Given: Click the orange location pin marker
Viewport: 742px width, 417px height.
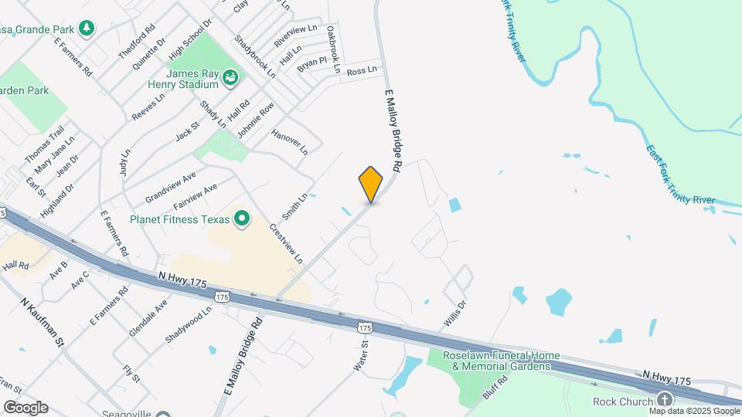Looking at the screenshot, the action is click(371, 184).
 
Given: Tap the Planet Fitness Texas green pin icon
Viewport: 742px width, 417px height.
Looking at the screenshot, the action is click(241, 219).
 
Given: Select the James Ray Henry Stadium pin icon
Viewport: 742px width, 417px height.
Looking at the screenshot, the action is click(230, 77).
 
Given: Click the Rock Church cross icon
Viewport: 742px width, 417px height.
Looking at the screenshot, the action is click(664, 400).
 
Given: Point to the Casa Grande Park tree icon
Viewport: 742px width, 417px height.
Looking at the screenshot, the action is click(89, 29).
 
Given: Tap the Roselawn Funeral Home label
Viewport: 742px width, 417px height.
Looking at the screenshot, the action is click(501, 360).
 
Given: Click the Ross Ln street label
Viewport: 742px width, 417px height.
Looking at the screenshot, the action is click(362, 70).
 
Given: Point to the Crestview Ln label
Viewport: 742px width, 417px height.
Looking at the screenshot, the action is click(285, 243).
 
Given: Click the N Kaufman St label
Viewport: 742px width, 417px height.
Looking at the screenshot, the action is click(42, 329).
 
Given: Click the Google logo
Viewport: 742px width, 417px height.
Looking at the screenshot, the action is click(26, 407).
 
